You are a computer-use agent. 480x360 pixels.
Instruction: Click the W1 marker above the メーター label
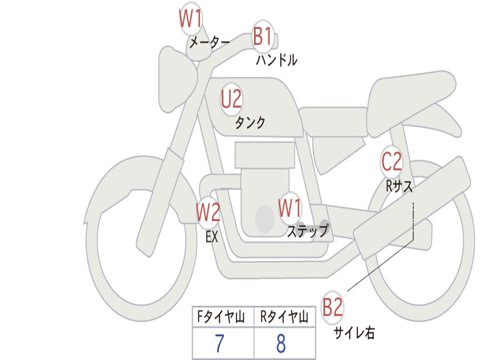(191, 19)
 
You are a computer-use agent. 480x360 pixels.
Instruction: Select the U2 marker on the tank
(232, 99)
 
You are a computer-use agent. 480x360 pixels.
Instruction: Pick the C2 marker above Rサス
(391, 161)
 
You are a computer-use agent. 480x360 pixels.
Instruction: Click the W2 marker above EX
(208, 212)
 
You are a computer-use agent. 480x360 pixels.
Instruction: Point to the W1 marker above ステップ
(290, 208)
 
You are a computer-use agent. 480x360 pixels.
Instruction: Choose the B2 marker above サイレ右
(332, 307)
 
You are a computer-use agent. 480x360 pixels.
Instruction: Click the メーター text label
(210, 42)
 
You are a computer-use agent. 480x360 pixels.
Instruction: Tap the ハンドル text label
(277, 60)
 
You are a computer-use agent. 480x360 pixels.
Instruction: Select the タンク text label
(250, 123)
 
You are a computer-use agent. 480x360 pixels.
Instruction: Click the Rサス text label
(398, 186)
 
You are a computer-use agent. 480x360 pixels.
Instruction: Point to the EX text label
(212, 237)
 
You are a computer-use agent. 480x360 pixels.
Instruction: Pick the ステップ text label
(307, 231)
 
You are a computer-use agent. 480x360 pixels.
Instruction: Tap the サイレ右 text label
(354, 332)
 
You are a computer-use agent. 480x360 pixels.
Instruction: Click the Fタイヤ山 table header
(221, 316)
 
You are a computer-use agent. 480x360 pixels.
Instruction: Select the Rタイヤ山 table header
(284, 316)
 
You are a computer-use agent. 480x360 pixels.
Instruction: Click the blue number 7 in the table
(219, 343)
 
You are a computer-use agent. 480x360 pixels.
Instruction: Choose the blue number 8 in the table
(281, 343)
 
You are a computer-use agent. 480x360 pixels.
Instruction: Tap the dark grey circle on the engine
(265, 219)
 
